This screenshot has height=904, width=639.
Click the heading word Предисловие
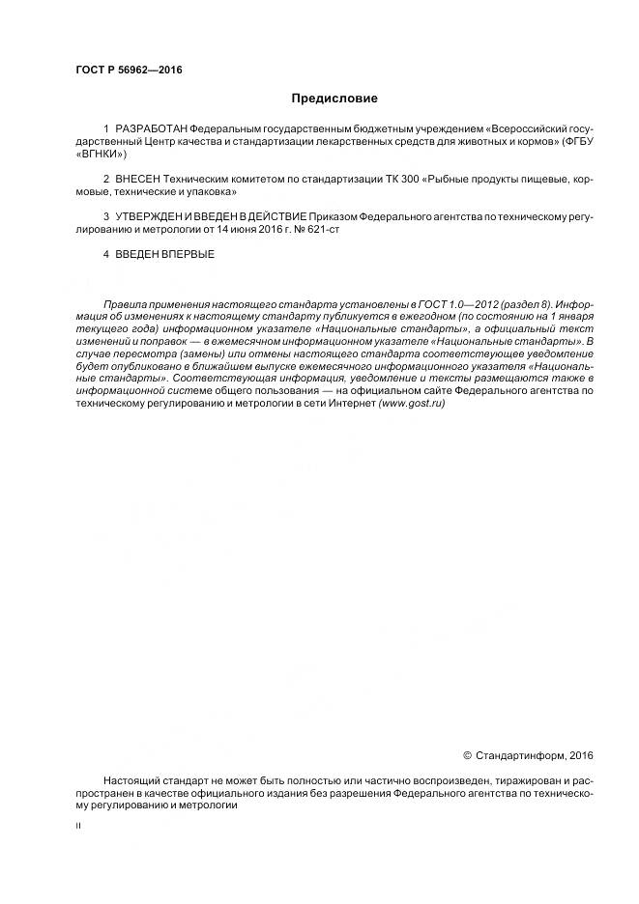point(334,99)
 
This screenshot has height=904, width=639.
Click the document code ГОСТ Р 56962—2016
point(129,71)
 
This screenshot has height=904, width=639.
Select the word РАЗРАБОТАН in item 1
point(151,129)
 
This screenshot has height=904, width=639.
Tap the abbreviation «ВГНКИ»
point(100,155)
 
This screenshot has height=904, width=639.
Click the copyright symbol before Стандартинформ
point(468,754)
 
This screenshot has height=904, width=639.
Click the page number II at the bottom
point(78,826)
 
